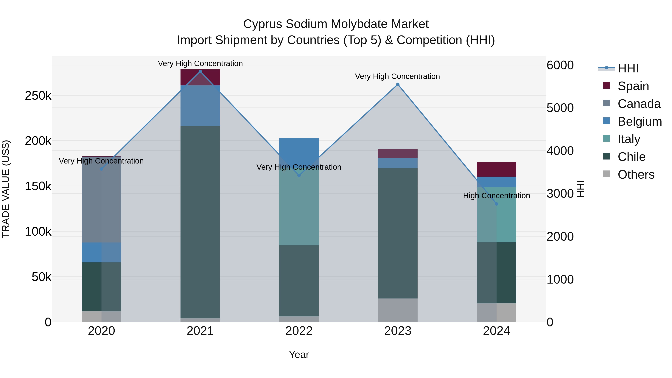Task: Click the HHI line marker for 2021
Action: (200, 71)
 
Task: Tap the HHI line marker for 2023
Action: (398, 84)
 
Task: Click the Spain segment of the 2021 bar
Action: (200, 77)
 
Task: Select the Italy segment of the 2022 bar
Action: (299, 206)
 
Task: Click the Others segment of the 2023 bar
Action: (398, 310)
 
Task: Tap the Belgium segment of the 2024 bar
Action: (496, 182)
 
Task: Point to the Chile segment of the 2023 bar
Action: (398, 233)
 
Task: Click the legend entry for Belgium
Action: (639, 122)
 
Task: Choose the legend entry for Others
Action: (636, 175)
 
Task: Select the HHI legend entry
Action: (628, 68)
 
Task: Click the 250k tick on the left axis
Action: (38, 96)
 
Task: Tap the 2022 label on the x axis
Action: (299, 331)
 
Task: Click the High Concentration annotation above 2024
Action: (496, 196)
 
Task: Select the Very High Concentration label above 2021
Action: (200, 63)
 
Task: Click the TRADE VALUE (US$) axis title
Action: (6, 189)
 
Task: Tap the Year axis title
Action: (299, 354)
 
